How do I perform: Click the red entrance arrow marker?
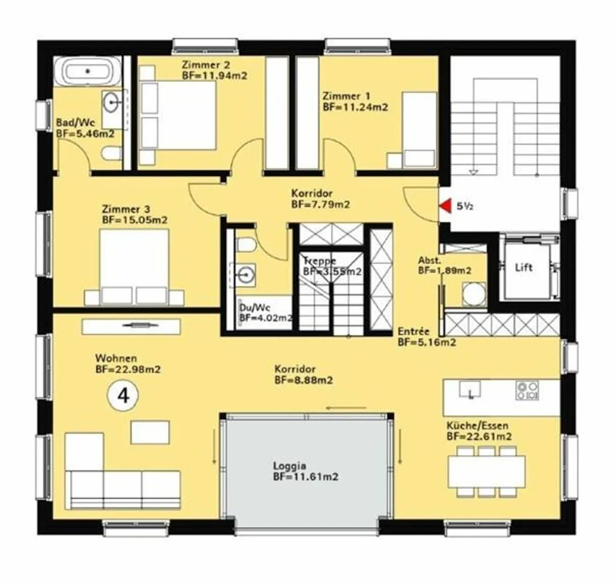(x=446, y=206)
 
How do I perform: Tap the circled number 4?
(x=123, y=396)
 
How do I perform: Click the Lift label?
(x=524, y=267)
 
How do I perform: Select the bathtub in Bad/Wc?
(x=88, y=71)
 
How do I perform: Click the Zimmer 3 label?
(x=126, y=209)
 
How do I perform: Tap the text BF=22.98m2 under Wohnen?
(x=128, y=369)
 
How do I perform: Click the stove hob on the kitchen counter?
(x=527, y=390)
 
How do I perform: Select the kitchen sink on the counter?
(x=470, y=390)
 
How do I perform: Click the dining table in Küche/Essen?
(x=486, y=472)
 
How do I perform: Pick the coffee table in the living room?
(x=150, y=432)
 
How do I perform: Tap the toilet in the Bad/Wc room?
(x=111, y=154)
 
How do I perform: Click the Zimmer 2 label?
(x=206, y=65)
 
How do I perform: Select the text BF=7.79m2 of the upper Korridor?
(x=320, y=204)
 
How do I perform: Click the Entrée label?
(x=413, y=331)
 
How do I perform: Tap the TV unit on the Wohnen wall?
(x=131, y=327)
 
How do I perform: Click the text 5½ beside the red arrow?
(x=465, y=207)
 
